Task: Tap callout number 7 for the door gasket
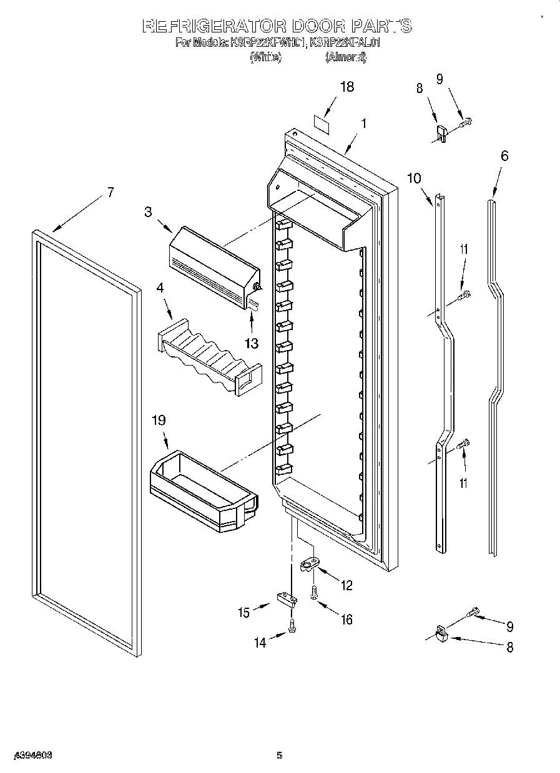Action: tap(110, 192)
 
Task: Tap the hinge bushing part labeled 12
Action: tap(309, 565)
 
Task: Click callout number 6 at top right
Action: tap(504, 155)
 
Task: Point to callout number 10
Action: tap(414, 178)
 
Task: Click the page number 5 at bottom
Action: tap(280, 755)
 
